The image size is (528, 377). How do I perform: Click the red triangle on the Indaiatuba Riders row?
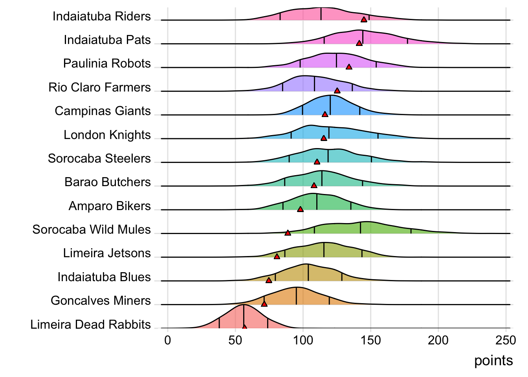[364, 20]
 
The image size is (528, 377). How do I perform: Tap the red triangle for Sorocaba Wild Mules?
[288, 233]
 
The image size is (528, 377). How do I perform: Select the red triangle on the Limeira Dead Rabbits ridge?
[244, 327]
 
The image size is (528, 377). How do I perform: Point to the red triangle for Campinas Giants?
[325, 114]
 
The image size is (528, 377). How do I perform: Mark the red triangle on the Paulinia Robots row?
[349, 67]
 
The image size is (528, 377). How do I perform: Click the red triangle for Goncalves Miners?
[264, 304]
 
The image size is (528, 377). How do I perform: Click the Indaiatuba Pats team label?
[107, 40]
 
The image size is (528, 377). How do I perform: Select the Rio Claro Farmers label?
[99, 87]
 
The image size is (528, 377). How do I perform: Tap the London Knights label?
[107, 135]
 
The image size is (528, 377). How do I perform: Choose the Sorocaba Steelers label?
[99, 158]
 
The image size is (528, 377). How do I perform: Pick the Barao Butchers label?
[108, 182]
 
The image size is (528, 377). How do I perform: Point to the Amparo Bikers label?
[110, 206]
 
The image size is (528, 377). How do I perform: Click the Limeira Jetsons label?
[107, 253]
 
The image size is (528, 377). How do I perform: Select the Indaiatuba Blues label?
[104, 277]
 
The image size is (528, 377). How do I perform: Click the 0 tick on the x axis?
[168, 340]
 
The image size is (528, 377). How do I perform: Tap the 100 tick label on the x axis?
[303, 340]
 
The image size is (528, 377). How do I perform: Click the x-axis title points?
[493, 361]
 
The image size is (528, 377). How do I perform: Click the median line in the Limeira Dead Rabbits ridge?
[244, 316]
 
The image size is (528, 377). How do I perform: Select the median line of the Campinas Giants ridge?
[330, 105]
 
